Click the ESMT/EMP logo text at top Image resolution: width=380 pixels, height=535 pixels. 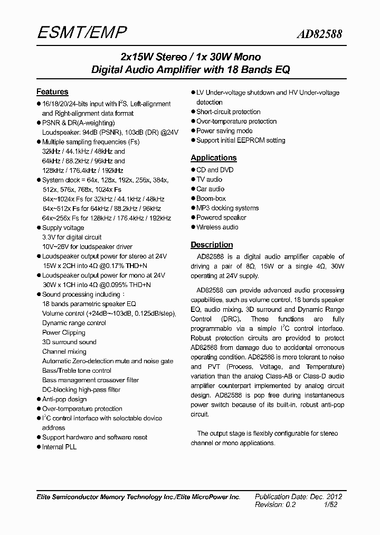(82, 34)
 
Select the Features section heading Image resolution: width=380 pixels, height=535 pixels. (52, 91)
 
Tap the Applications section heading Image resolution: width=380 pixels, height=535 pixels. (213, 158)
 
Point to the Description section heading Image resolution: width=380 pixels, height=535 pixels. (212, 245)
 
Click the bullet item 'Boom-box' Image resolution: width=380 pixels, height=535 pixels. (211, 198)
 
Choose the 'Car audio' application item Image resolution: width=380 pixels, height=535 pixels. (210, 189)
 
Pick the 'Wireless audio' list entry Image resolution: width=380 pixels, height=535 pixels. (217, 227)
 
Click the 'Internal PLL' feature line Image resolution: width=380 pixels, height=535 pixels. (59, 447)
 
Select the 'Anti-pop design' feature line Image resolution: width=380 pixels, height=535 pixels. (64, 399)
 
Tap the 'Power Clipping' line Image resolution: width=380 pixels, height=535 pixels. (63, 333)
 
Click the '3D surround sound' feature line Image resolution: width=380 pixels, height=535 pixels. (69, 342)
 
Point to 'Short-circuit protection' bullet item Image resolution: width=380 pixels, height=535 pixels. (228, 112)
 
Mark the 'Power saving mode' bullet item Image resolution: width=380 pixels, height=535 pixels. (224, 131)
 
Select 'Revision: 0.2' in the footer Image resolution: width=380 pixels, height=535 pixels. (275, 505)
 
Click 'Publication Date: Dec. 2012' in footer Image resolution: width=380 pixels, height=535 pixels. (299, 496)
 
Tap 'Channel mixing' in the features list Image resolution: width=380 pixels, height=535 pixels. (64, 352)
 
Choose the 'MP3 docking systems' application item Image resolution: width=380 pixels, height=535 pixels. (227, 208)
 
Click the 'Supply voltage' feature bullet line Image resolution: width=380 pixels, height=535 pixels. (63, 228)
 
